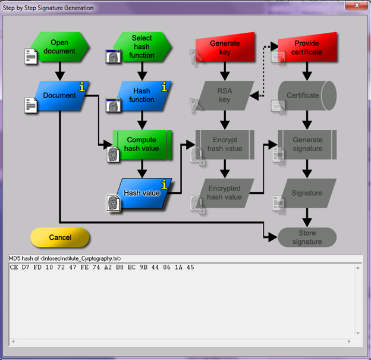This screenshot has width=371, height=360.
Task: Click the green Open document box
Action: pyautogui.click(x=59, y=46)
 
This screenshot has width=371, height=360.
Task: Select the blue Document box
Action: pyautogui.click(x=59, y=95)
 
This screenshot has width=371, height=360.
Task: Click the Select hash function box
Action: pyautogui.click(x=142, y=46)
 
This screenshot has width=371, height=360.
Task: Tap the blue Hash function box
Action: pyautogui.click(x=142, y=95)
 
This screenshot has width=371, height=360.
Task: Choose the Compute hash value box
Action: pyautogui.click(x=142, y=144)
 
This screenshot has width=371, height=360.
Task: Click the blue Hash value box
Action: pyautogui.click(x=142, y=193)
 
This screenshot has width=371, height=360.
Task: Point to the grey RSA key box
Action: pyautogui.click(x=225, y=95)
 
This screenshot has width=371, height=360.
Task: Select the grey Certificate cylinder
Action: pyautogui.click(x=306, y=95)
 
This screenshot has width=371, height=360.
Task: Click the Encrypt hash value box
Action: pyautogui.click(x=225, y=144)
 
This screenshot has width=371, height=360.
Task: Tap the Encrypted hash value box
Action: pyautogui.click(x=225, y=193)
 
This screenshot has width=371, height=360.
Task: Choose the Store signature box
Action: pyautogui.click(x=307, y=237)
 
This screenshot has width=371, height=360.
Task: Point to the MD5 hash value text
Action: pyautogui.click(x=102, y=268)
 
